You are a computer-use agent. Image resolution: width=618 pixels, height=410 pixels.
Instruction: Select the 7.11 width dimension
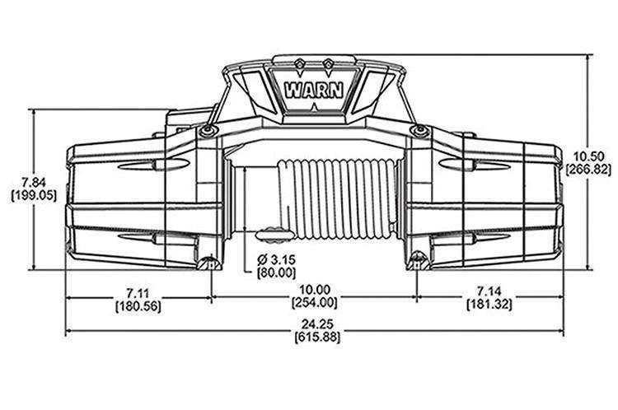pos(138,291)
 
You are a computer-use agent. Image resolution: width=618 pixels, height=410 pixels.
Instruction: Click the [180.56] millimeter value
pos(138,305)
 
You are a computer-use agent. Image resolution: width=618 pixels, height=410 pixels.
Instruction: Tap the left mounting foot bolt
pos(208,263)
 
